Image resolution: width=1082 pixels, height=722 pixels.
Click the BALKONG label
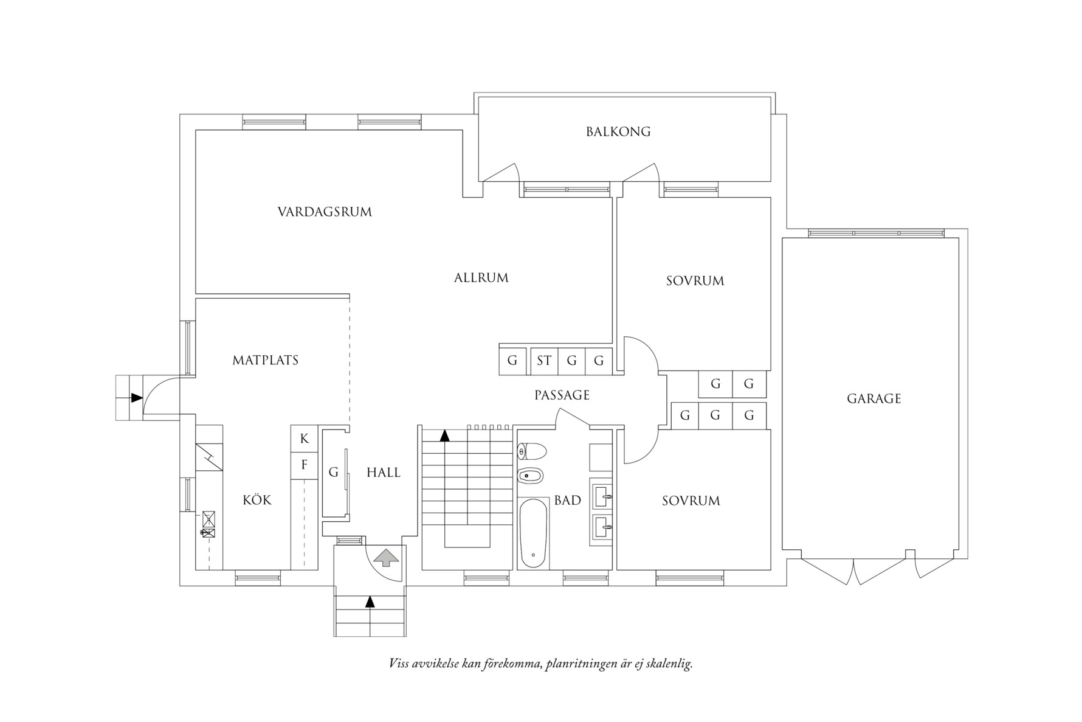[618, 131]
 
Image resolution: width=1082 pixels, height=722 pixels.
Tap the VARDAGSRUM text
[325, 212]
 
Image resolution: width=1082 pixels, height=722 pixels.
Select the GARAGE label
[874, 399]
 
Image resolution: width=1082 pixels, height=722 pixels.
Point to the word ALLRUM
[481, 278]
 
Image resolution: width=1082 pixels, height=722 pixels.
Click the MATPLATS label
[266, 360]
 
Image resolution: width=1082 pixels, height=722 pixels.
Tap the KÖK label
[257, 500]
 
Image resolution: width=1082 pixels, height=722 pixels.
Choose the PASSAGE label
[562, 395]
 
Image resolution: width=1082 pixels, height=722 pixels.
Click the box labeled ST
[543, 361]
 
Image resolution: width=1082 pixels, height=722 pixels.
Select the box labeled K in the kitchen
[305, 439]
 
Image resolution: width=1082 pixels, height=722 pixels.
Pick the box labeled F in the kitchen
[305, 465]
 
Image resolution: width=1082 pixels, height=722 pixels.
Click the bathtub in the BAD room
[533, 533]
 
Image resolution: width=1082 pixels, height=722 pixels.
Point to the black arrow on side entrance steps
[137, 398]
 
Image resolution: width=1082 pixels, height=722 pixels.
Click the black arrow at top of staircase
[444, 435]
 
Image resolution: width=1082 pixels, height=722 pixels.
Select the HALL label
[384, 473]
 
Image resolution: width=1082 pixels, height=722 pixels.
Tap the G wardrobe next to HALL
[334, 473]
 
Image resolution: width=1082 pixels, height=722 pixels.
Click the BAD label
[567, 501]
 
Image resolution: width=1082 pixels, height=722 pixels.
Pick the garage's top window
[876, 233]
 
